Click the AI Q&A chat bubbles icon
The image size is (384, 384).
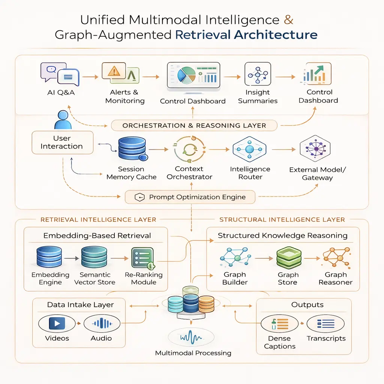pyautogui.click(x=60, y=73)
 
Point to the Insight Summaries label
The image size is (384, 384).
pyautogui.click(x=258, y=96)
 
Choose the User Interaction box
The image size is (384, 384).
pyautogui.click(x=62, y=142)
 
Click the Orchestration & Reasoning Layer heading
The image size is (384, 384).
pyautogui.click(x=194, y=126)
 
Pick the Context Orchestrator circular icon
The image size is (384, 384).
pyautogui.click(x=189, y=150)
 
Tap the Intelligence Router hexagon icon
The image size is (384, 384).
pyautogui.click(x=249, y=150)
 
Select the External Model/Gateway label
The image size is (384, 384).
pyautogui.click(x=317, y=174)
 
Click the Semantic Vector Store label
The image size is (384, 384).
pyautogui.click(x=95, y=278)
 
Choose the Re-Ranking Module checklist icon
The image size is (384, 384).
pyautogui.click(x=143, y=258)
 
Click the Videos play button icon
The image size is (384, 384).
pyautogui.click(x=57, y=323)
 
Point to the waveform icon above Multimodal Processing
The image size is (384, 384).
pyautogui.click(x=192, y=336)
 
